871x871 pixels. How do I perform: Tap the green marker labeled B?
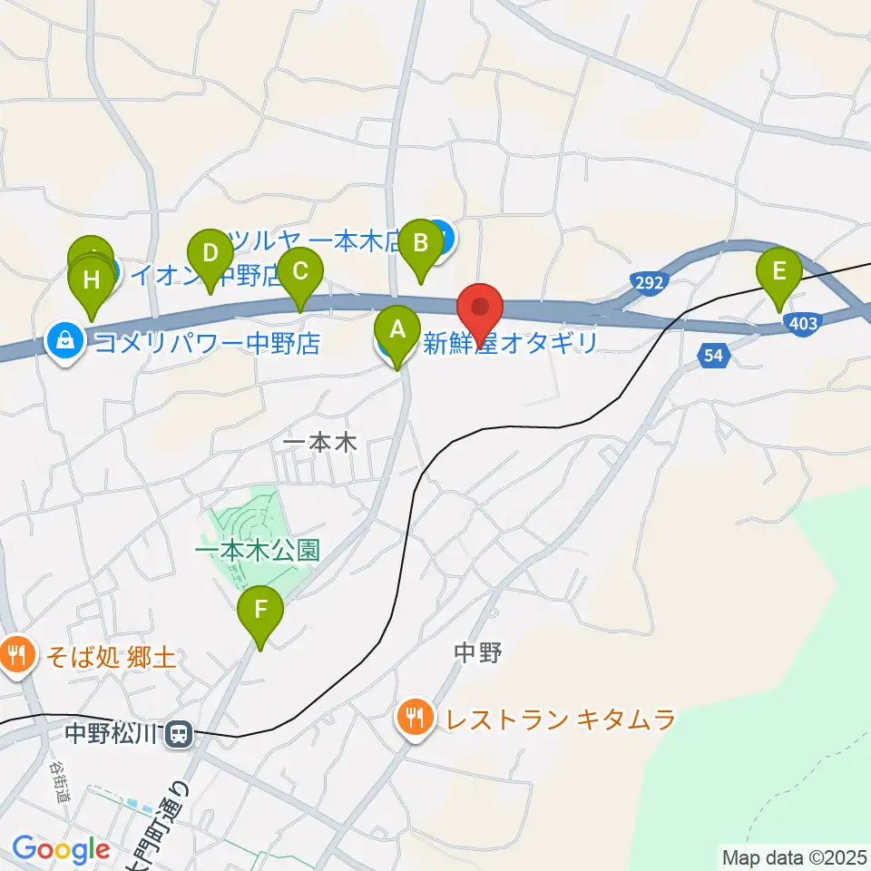421,244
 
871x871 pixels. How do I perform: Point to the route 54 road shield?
714,357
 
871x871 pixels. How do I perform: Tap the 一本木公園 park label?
258,551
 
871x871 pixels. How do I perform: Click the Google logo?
61,849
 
